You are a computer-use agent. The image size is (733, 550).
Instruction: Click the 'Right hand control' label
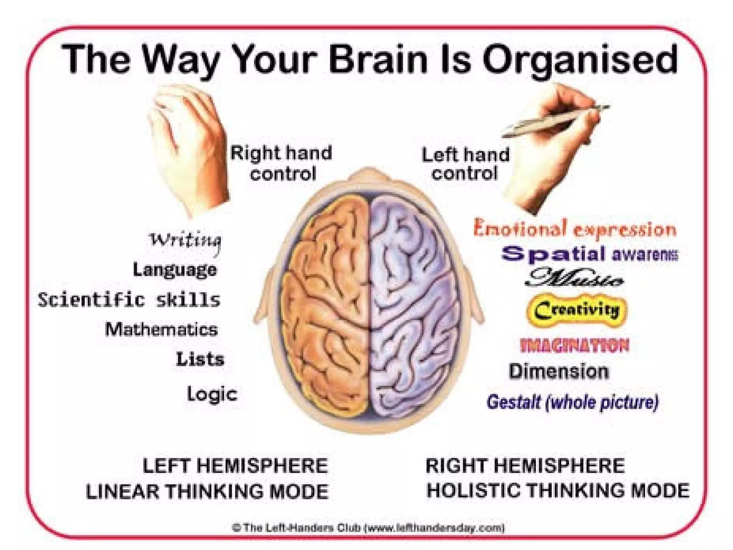tap(281, 163)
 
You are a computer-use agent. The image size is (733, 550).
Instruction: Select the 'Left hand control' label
tap(465, 164)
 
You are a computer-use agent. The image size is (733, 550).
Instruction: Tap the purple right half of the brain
tap(412, 304)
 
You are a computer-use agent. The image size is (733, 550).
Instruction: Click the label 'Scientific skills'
tap(129, 300)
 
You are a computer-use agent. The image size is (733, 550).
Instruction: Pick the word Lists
tap(200, 359)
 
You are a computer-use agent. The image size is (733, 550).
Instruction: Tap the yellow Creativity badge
tap(577, 310)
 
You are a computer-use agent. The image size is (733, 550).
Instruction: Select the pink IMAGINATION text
tap(574, 346)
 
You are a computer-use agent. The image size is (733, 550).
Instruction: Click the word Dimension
tap(559, 372)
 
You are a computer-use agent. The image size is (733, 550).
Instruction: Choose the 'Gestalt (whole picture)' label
tap(572, 402)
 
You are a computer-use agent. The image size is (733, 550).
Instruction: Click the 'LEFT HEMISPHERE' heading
tap(235, 466)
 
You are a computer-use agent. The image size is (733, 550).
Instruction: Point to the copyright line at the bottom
tap(369, 527)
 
